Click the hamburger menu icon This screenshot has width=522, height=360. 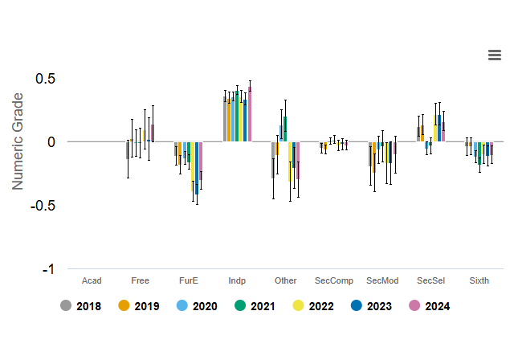click(x=495, y=55)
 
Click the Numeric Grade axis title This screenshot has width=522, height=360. click(x=18, y=141)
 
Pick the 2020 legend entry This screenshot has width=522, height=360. click(x=196, y=306)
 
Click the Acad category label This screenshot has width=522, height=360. click(x=92, y=280)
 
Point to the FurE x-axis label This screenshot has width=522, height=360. click(x=189, y=280)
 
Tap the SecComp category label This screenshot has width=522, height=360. click(x=334, y=280)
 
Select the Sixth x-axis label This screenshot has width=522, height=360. click(x=479, y=280)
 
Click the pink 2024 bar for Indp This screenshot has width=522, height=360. click(x=250, y=114)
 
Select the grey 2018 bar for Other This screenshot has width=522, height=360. click(x=273, y=160)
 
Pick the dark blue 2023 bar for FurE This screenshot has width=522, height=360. click(x=197, y=167)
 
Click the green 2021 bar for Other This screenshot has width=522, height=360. click(x=285, y=129)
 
